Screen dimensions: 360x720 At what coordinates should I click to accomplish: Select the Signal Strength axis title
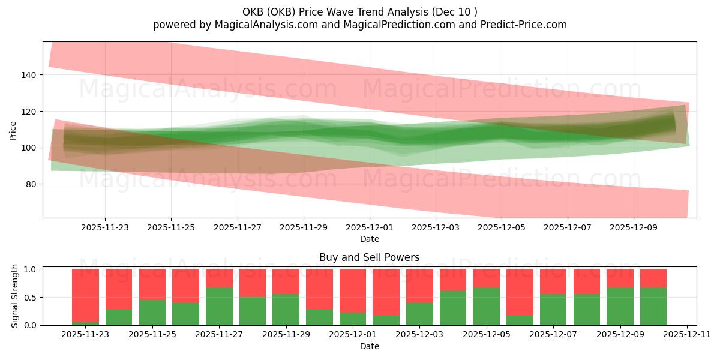[x=15, y=296]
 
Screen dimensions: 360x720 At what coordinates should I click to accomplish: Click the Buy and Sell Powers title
[x=369, y=257]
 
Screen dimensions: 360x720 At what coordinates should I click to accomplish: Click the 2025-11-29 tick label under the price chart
[x=304, y=228]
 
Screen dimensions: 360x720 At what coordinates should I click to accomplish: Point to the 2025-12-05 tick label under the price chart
[x=502, y=228]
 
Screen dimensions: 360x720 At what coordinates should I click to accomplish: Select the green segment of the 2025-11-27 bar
[x=219, y=307]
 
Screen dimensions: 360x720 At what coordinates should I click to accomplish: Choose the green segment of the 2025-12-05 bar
[x=486, y=307]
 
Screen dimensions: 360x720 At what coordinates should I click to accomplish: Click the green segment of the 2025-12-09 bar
[x=620, y=307]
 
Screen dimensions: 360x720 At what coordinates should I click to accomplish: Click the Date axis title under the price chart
[x=369, y=239]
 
